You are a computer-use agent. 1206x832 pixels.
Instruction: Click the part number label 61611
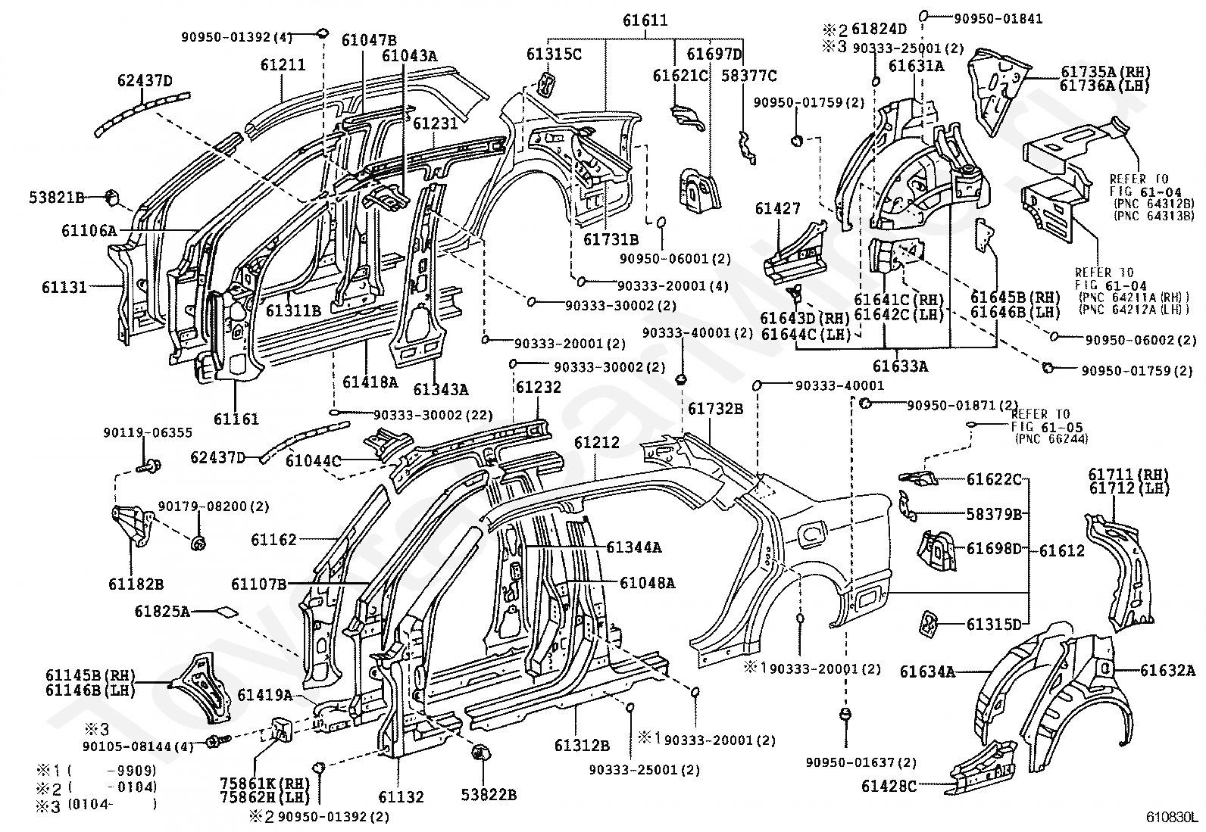[645, 20]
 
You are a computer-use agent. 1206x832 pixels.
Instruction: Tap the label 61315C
[554, 55]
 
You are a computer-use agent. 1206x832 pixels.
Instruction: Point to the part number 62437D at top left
[145, 81]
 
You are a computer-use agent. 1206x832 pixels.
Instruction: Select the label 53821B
[57, 198]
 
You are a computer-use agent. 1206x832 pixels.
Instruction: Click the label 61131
[64, 287]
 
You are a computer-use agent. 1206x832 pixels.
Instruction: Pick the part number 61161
[236, 419]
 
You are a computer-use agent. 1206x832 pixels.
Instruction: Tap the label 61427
[778, 208]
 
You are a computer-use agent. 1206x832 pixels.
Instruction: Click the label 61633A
[900, 366]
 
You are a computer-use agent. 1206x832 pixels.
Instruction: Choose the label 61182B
[136, 584]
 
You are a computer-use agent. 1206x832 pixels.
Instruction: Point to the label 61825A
[162, 612]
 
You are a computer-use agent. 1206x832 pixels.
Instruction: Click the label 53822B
[489, 794]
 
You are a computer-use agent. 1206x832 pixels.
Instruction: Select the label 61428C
[889, 787]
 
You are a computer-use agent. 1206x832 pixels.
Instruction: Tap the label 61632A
[1168, 671]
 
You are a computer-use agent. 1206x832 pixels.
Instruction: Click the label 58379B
[995, 515]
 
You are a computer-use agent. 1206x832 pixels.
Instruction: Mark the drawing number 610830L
[1170, 817]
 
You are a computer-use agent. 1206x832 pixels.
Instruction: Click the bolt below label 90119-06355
[149, 466]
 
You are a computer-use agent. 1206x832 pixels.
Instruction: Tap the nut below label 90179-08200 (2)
[198, 543]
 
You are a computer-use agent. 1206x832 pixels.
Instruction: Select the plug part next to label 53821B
[111, 198]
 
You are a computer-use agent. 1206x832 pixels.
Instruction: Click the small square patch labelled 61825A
[226, 612]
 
